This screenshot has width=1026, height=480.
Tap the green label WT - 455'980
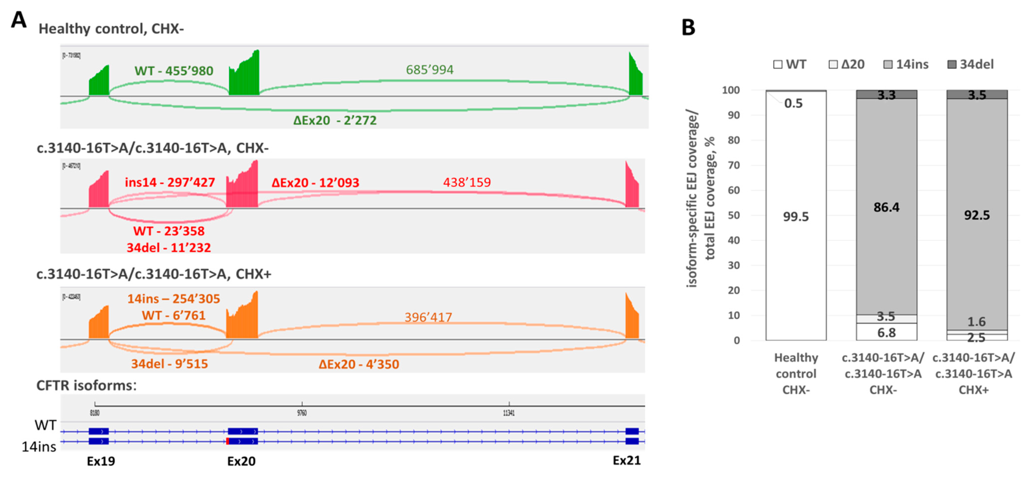(x=174, y=71)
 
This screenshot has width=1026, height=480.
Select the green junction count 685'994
(x=429, y=70)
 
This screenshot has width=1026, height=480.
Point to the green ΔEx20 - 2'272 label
(x=334, y=120)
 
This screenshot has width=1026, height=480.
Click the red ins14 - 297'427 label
(x=170, y=182)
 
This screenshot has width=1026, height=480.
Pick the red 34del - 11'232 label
(x=168, y=248)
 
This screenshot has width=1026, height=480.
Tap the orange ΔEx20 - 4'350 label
(x=359, y=364)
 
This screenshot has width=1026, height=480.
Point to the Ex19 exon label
(x=101, y=461)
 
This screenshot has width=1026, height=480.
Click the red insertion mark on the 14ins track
(x=227, y=441)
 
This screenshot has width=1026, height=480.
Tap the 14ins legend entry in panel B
(x=906, y=64)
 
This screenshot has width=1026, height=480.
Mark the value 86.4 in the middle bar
(x=886, y=207)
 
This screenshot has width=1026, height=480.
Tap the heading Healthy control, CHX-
(x=111, y=29)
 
